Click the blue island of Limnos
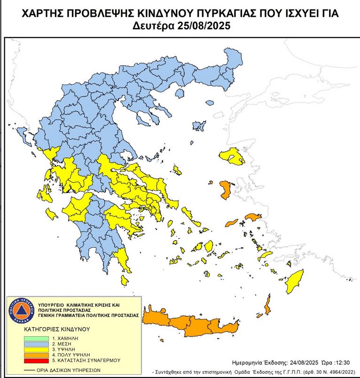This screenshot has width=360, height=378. click(x=199, y=126)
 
